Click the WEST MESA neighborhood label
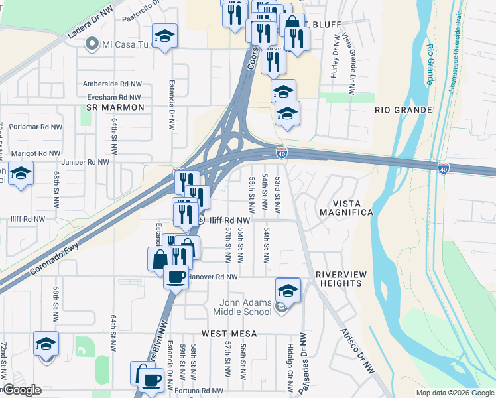[229, 332]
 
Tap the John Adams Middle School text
[246, 307]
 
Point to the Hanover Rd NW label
[212, 277]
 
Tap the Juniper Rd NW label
[84, 162]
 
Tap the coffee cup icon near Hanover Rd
[176, 276]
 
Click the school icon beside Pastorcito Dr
[164, 36]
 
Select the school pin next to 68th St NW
[21, 174]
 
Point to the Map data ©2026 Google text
[454, 393]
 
